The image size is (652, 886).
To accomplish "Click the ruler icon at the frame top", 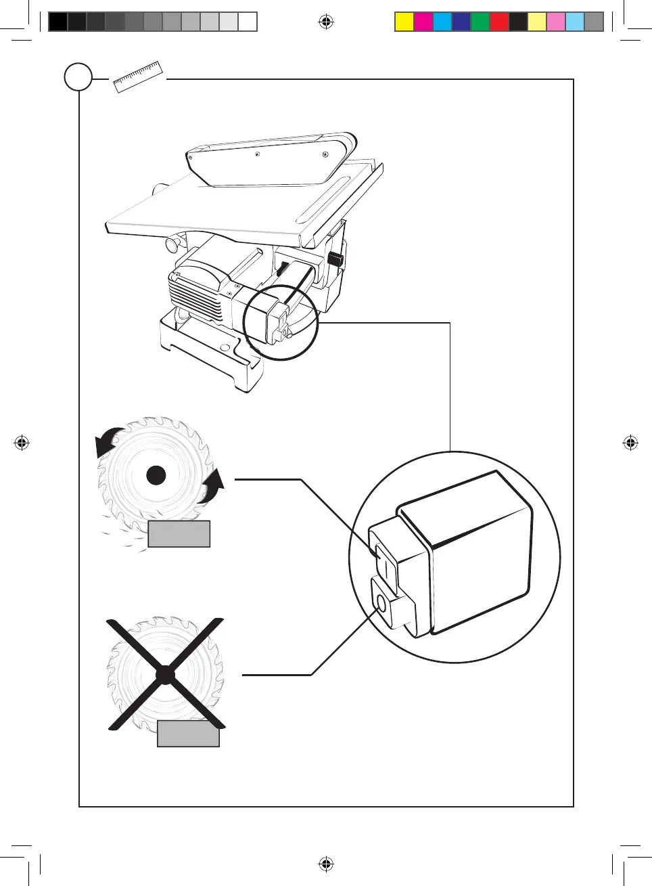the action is pyautogui.click(x=138, y=76).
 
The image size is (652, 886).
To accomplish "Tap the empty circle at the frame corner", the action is pyautogui.click(x=78, y=77).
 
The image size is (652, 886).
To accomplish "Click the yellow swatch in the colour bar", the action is pyautogui.click(x=404, y=22).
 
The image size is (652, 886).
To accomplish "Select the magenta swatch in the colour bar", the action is pyautogui.click(x=423, y=22).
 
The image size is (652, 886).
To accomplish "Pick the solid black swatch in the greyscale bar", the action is pyautogui.click(x=58, y=22).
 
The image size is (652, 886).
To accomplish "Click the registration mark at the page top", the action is pyautogui.click(x=326, y=22).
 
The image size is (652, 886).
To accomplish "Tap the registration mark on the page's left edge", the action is pyautogui.click(x=22, y=443).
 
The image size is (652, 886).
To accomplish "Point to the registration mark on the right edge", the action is pyautogui.click(x=630, y=443).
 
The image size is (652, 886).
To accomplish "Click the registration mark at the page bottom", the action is pyautogui.click(x=326, y=864).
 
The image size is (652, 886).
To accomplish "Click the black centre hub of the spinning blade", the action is pyautogui.click(x=156, y=476).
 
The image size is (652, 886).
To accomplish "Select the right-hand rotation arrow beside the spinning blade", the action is pyautogui.click(x=212, y=486).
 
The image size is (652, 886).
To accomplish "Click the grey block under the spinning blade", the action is pyautogui.click(x=179, y=533).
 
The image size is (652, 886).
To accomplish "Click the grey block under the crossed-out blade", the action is pyautogui.click(x=188, y=734).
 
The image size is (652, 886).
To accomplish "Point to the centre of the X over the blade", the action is pyautogui.click(x=165, y=675).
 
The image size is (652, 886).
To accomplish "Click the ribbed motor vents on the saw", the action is pyautogui.click(x=194, y=298).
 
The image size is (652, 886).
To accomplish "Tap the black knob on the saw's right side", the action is pyautogui.click(x=335, y=259).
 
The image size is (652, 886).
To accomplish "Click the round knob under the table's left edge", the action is pyautogui.click(x=174, y=244).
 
